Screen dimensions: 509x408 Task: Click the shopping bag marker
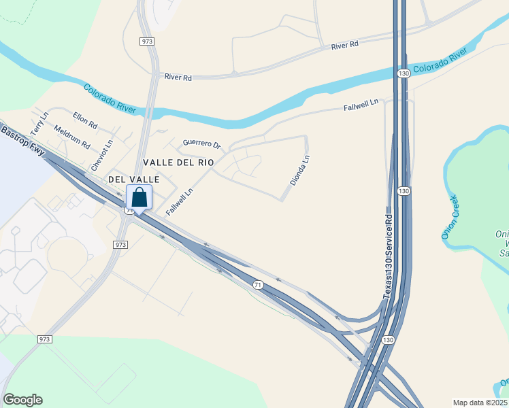tap(139, 199)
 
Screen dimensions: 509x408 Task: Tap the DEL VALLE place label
tap(134, 179)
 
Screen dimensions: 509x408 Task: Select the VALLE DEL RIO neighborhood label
tap(179, 163)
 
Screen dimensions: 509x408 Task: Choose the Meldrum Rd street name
tap(71, 135)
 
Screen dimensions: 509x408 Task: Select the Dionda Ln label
tap(300, 169)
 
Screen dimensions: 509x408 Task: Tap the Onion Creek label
tap(450, 217)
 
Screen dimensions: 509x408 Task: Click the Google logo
tap(22, 400)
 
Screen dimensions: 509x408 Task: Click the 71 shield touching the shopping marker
tap(129, 211)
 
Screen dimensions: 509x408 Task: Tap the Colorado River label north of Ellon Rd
tap(110, 99)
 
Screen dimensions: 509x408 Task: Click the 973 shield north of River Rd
tap(148, 41)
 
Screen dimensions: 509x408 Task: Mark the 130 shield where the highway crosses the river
tap(404, 73)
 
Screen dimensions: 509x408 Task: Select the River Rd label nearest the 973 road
tap(178, 78)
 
